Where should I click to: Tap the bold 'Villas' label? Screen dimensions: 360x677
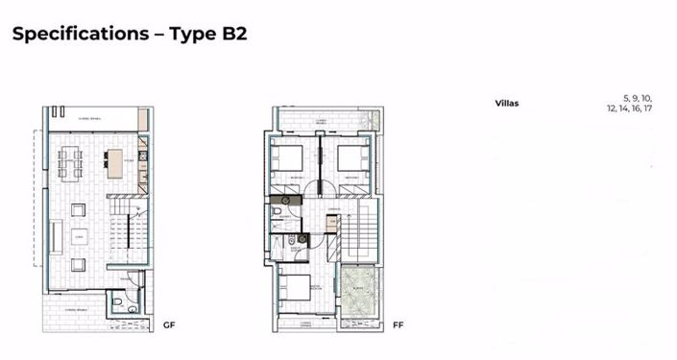click(x=507, y=103)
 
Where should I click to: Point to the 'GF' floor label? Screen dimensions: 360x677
click(x=169, y=324)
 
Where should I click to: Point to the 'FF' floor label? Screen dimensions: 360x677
click(x=398, y=324)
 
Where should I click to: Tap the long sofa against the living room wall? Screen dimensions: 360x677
click(x=56, y=235)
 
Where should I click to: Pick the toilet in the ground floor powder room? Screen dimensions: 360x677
click(x=116, y=302)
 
